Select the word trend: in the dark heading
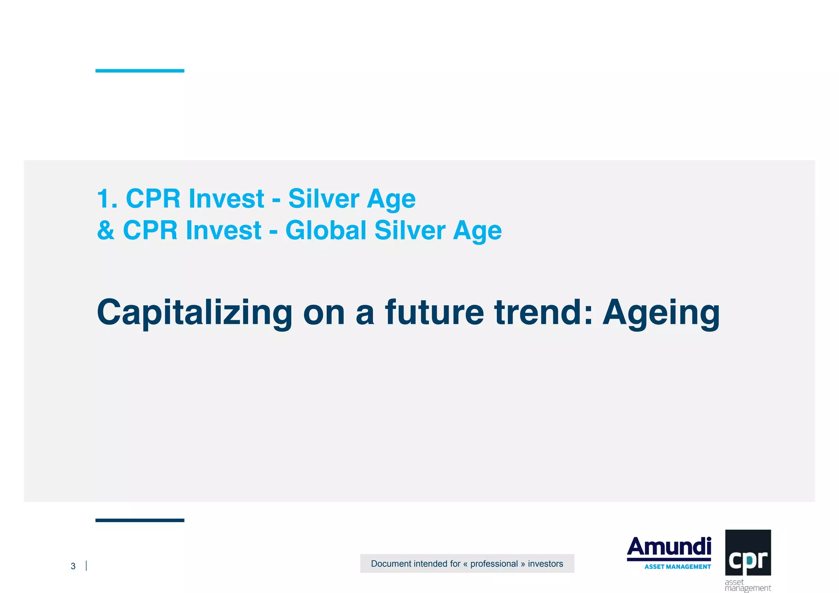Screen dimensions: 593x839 543,312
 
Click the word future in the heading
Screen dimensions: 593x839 434,312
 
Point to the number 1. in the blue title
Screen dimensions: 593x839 107,199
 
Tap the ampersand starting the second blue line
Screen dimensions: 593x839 106,230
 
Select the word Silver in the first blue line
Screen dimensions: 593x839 324,199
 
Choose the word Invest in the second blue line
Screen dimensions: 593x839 224,230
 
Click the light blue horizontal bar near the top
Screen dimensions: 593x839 140,71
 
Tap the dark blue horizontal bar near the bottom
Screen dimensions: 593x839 140,520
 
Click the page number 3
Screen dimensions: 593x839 73,566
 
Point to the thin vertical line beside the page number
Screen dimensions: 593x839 86,566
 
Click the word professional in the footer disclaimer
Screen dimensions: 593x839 494,564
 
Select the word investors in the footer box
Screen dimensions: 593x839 545,564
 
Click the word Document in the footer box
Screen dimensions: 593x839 390,564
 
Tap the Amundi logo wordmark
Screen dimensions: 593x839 669,547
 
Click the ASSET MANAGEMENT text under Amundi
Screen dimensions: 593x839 678,567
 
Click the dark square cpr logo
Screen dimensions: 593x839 748,552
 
